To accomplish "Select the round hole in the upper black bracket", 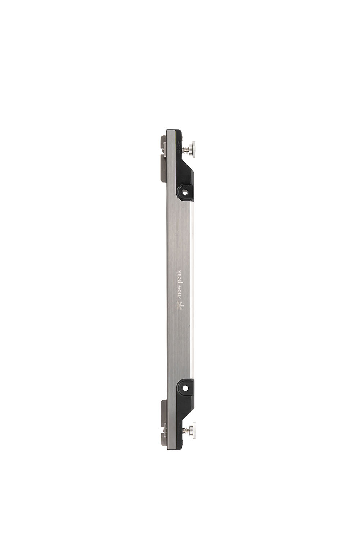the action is (185, 194).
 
